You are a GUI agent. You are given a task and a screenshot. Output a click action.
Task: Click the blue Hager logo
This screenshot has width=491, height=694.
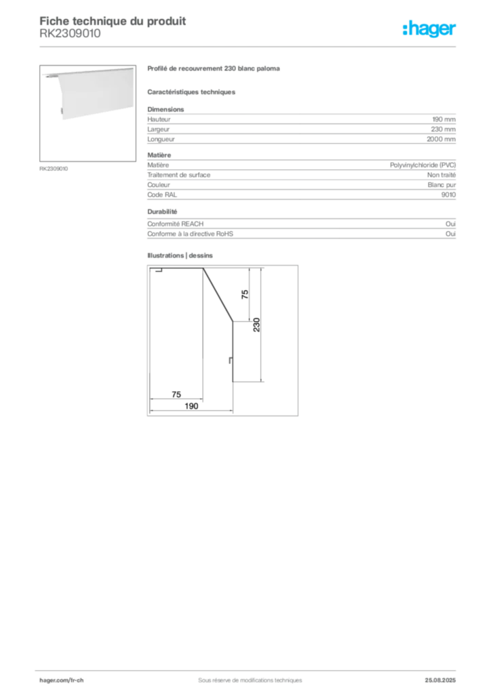click(x=430, y=30)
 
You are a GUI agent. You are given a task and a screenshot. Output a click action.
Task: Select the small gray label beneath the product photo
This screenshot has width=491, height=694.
click(x=54, y=168)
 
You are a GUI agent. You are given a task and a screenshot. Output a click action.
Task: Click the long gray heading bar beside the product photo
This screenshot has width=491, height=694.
click(x=214, y=70)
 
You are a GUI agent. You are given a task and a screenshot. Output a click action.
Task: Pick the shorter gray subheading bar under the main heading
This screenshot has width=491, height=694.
click(x=193, y=92)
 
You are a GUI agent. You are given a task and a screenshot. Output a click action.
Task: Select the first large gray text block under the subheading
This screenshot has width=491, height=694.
click(x=300, y=127)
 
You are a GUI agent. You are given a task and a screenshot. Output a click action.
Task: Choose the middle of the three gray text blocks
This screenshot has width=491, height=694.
click(x=300, y=179)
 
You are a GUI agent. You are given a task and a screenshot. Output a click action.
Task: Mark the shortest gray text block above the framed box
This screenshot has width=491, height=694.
click(x=300, y=230)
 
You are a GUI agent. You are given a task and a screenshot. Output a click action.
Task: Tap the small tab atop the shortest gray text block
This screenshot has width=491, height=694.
click(x=163, y=212)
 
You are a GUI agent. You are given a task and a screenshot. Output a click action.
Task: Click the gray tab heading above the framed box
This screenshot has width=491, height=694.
click(x=182, y=255)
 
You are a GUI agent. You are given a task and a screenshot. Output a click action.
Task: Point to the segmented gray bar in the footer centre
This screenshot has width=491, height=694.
click(x=244, y=675)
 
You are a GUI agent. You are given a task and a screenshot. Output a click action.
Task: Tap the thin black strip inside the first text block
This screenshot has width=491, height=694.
click(x=300, y=138)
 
